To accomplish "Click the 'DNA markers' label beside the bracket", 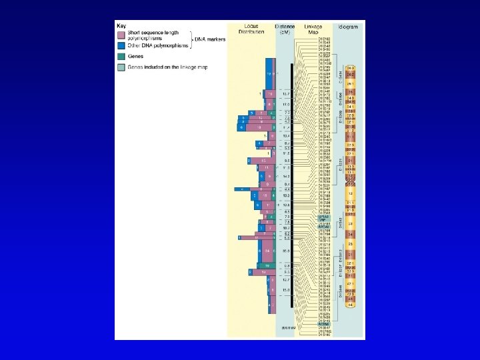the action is (x=209, y=39).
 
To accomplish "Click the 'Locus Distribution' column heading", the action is (x=251, y=30).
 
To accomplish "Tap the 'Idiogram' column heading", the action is (x=347, y=27).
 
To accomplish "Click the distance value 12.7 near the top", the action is (x=286, y=95).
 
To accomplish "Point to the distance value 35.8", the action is (x=286, y=250).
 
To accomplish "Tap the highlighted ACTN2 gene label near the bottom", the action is (x=325, y=323).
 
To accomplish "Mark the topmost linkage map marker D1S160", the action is (x=325, y=39).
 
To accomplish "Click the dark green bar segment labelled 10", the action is (x=266, y=265).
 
